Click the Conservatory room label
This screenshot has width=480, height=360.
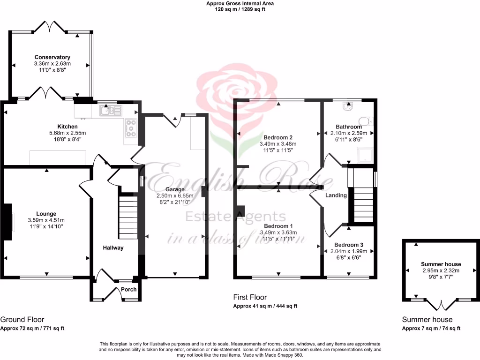52,58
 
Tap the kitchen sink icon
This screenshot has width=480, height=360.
111,111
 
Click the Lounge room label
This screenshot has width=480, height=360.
46,214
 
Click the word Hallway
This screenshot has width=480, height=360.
113,247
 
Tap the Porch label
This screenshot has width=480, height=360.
129,289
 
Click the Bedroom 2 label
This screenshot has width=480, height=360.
278,137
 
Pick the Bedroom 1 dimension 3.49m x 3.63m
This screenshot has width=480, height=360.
278,232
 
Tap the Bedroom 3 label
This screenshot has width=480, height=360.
348,245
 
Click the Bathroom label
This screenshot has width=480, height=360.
348,127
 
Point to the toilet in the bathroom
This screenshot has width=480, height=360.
347,107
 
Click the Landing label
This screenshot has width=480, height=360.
336,195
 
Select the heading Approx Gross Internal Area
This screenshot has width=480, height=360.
240,3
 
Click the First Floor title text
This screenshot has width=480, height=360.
250,297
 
